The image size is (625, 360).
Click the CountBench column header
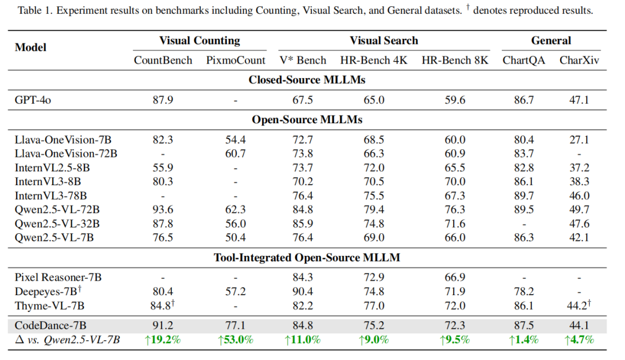pyautogui.click(x=163, y=60)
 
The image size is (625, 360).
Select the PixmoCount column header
pyautogui.click(x=236, y=60)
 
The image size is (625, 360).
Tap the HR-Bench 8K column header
pyautogui.click(x=455, y=60)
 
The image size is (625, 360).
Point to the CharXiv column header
pyautogui.click(x=579, y=60)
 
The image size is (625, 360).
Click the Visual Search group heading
pyautogui.click(x=384, y=41)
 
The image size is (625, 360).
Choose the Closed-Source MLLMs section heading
pyautogui.click(x=307, y=80)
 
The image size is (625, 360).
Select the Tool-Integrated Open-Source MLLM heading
pyautogui.click(x=307, y=258)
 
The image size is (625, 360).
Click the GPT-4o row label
pyautogui.click(x=32, y=100)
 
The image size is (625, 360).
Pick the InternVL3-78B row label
pyautogui.click(x=50, y=196)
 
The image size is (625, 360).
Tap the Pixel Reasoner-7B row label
pyautogui.click(x=58, y=277)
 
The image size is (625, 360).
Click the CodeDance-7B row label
pyautogui.click(x=50, y=325)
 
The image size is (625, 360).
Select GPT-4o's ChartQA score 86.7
pyautogui.click(x=524, y=100)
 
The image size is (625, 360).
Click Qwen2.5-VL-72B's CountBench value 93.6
pyautogui.click(x=163, y=210)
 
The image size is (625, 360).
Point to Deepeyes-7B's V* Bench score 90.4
pyautogui.click(x=303, y=292)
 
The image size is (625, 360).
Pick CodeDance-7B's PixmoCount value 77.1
pyautogui.click(x=236, y=325)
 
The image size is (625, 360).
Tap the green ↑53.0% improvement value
pyautogui.click(x=236, y=340)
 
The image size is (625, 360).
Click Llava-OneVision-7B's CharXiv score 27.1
pyautogui.click(x=579, y=140)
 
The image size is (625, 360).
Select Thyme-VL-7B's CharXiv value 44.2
pyautogui.click(x=577, y=306)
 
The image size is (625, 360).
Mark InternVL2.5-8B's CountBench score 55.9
pyautogui.click(x=163, y=168)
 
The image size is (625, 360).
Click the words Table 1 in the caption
pyautogui.click(x=34, y=10)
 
